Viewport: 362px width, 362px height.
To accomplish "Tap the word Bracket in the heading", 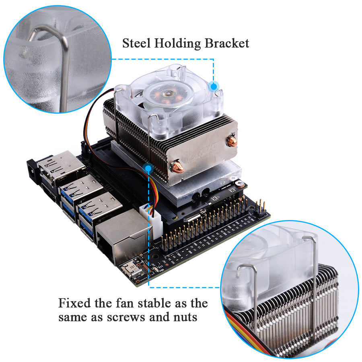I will pos(227,43).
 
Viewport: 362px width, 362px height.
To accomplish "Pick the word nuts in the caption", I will pos(185,317).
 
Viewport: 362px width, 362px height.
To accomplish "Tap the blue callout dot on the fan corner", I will pos(214,86).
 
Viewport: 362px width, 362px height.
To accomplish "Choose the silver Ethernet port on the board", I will pos(121,237).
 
